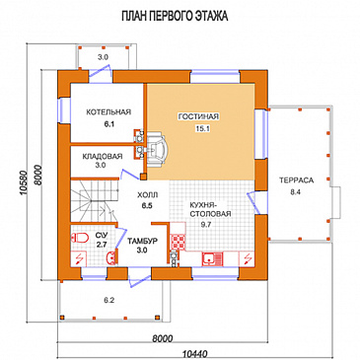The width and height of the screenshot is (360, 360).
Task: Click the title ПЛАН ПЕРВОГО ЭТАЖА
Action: [x=175, y=16]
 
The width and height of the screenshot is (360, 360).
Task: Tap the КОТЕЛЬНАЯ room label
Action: [x=108, y=112]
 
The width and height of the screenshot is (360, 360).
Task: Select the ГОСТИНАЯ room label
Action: [x=198, y=116]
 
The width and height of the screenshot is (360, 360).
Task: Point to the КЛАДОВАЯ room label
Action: [x=103, y=156]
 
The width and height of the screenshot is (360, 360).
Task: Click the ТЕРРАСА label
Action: [x=297, y=180]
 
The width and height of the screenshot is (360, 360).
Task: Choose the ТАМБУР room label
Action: [x=142, y=241]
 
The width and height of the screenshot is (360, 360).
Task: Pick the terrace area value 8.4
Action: [x=295, y=192]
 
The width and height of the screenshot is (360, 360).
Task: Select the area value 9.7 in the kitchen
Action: [x=205, y=225]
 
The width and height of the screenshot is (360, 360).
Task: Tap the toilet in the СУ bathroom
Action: [x=80, y=238]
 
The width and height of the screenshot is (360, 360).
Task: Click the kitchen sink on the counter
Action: [x=212, y=258]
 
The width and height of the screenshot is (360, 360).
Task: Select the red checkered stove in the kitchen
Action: [x=178, y=241]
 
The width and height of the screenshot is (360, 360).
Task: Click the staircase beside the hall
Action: [x=95, y=199]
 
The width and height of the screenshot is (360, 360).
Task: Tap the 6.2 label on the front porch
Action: [x=109, y=300]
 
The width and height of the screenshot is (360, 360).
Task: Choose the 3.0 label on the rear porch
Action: [x=103, y=57]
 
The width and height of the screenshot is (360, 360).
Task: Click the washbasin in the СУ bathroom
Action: [x=112, y=257]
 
